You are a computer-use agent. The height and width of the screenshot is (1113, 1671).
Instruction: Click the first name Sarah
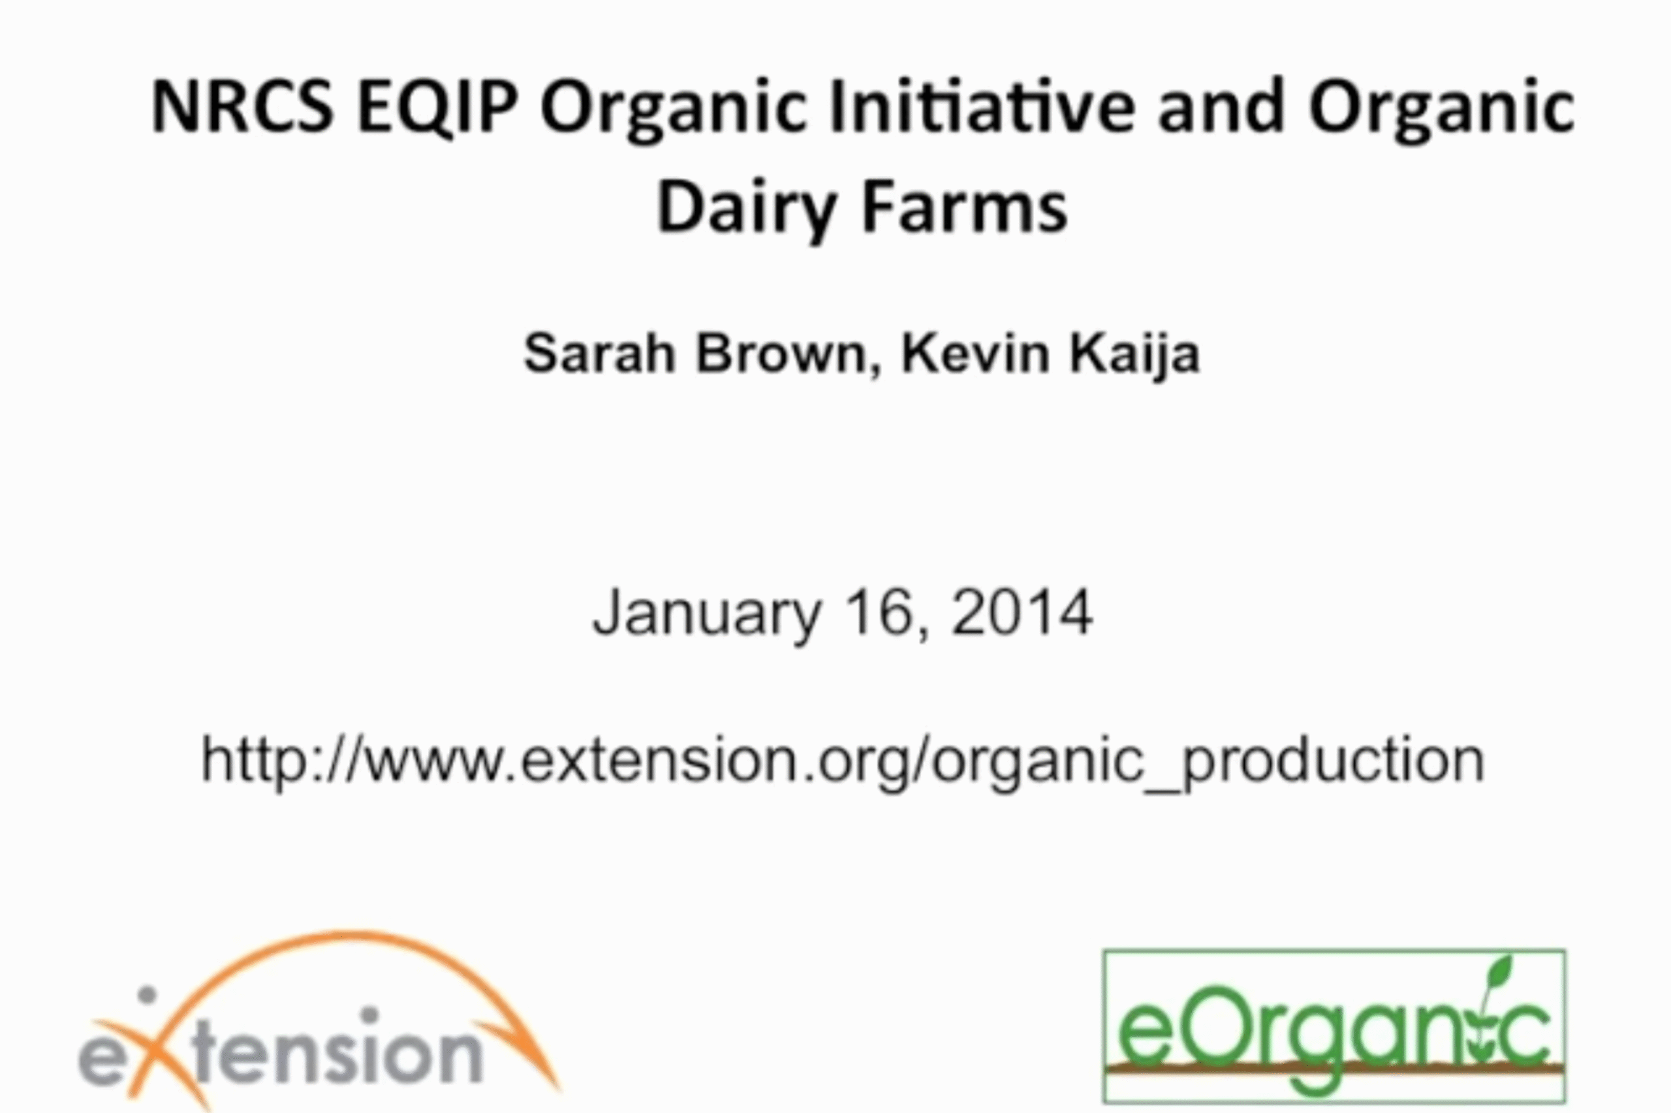[599, 353]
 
